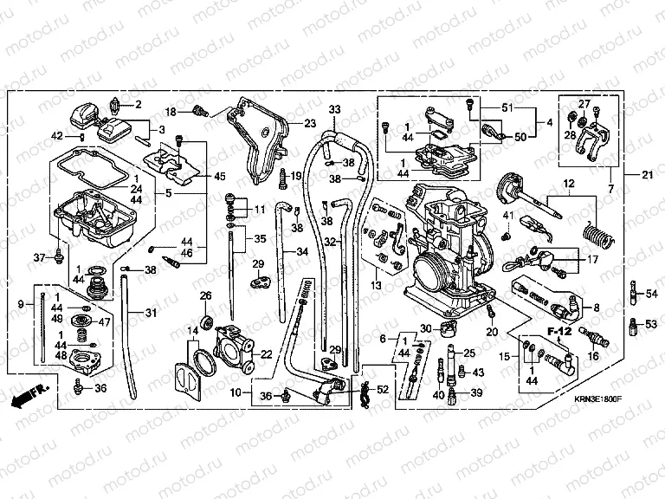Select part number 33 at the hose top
pos(335,109)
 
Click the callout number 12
pos(569,185)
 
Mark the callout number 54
pos(652,295)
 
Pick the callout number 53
pos(652,325)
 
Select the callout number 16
pos(593,355)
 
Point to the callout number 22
pos(266,353)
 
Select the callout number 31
pos(151,313)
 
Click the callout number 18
pos(171,112)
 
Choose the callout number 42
pos(57,136)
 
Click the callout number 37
pos(38,257)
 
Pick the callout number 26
pos(206,297)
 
